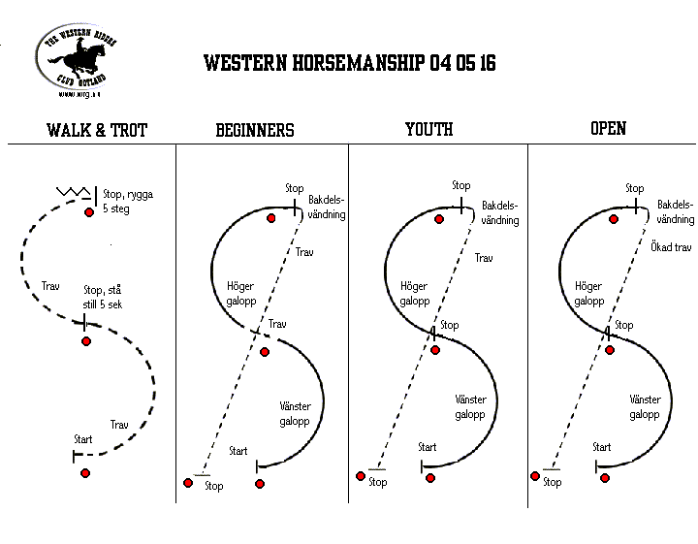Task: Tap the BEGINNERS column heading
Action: click(x=254, y=130)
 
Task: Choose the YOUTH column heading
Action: click(x=428, y=129)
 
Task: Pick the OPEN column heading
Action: click(x=608, y=128)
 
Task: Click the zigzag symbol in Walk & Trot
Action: click(x=74, y=194)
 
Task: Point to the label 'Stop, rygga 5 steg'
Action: click(x=127, y=201)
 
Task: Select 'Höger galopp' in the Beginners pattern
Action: click(x=240, y=294)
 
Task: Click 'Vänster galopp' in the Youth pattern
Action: click(x=471, y=407)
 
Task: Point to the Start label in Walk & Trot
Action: click(x=83, y=439)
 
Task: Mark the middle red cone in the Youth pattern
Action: click(x=435, y=350)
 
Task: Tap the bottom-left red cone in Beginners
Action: click(x=188, y=482)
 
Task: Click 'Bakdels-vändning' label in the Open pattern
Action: click(x=675, y=212)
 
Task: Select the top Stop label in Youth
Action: click(x=460, y=185)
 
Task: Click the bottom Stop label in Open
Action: click(x=552, y=482)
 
